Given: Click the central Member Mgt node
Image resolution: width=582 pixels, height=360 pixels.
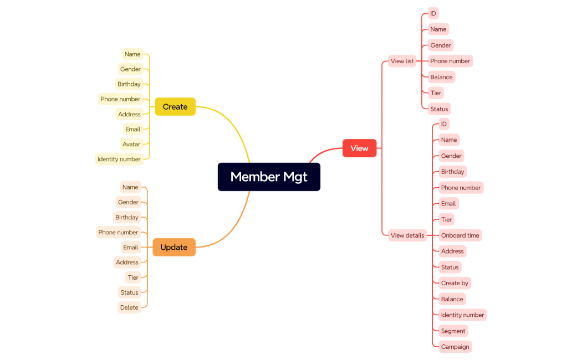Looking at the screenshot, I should click(269, 177).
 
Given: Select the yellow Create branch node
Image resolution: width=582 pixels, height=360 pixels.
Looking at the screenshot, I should click(175, 107).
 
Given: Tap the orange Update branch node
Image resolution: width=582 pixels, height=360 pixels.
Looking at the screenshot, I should click(174, 247).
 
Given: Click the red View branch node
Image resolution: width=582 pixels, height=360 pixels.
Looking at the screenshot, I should click(359, 148).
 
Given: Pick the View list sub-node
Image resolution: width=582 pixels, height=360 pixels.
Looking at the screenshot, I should click(402, 61).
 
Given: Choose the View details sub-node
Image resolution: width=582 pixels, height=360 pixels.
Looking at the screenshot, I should click(407, 235).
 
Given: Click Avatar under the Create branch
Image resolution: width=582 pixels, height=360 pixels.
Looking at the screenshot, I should click(131, 144).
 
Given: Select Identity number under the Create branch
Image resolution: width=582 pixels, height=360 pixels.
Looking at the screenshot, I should click(119, 159).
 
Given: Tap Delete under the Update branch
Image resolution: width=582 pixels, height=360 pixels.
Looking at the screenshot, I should click(129, 307).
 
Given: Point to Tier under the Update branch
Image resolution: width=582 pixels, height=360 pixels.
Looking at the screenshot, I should click(133, 277).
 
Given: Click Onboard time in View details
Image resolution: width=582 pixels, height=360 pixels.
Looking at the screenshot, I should click(460, 235).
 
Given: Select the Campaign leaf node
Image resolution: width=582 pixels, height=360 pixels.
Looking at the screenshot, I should click(455, 347).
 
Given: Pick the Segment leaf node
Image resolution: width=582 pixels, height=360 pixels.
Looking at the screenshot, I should click(453, 331).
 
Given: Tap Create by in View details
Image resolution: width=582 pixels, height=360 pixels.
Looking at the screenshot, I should click(455, 283).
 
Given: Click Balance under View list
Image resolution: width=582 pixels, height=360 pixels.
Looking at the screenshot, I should click(441, 77).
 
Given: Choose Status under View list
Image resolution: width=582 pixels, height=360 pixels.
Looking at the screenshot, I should click(439, 109).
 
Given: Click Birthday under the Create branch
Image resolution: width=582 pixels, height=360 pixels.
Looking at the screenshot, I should click(129, 84).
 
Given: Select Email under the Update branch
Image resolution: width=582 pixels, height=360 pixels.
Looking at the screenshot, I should click(131, 247).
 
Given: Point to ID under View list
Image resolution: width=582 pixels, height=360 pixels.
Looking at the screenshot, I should click(433, 13).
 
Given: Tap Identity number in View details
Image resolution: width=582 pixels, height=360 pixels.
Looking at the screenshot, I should click(462, 315).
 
